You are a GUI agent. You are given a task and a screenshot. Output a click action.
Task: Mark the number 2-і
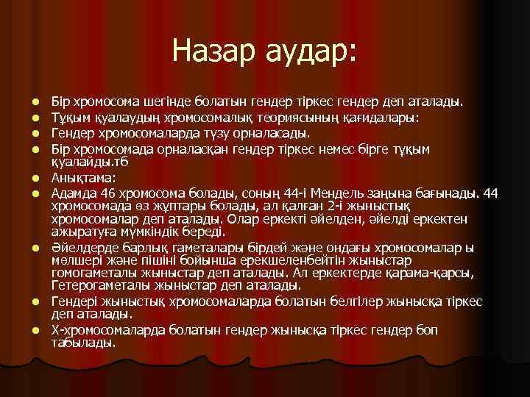tap(306, 207)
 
